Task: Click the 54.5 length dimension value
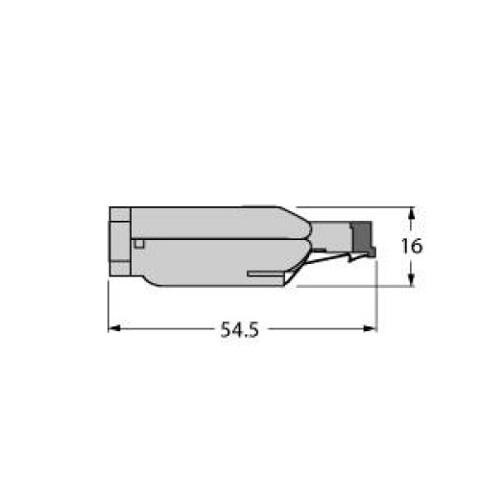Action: pyautogui.click(x=239, y=329)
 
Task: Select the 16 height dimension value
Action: pyautogui.click(x=412, y=246)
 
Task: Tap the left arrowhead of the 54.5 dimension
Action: pyautogui.click(x=114, y=328)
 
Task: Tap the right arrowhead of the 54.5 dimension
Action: pyautogui.click(x=372, y=328)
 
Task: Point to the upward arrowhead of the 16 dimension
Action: pyautogui.click(x=412, y=213)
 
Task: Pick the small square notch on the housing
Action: pyautogui.click(x=139, y=244)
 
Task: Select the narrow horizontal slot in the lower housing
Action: pyautogui.click(x=266, y=274)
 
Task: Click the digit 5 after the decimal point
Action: pyautogui.click(x=252, y=329)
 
